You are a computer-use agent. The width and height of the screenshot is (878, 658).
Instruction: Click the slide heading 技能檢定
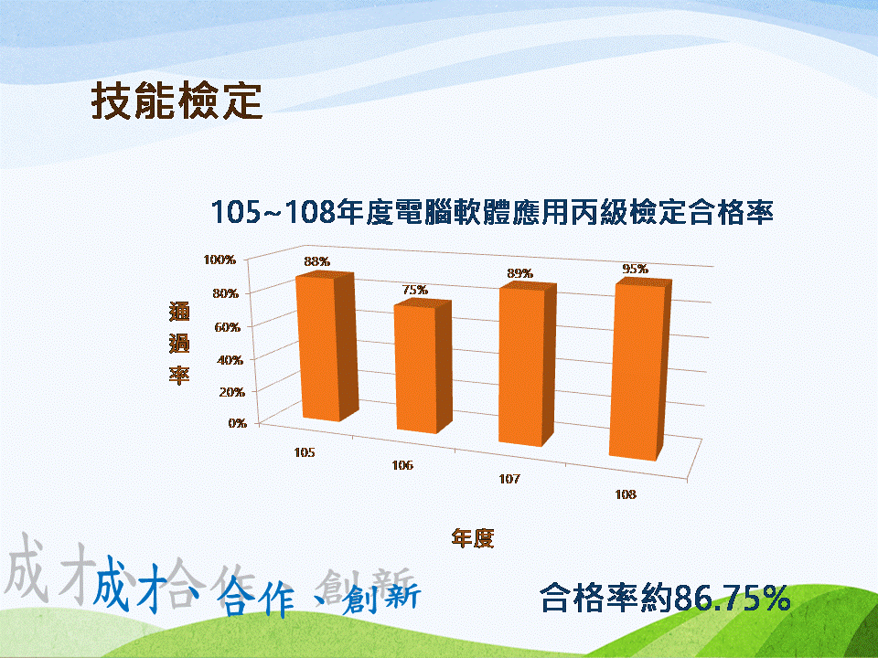click(177, 101)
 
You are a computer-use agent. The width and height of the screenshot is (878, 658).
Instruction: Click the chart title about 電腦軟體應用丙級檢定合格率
click(492, 213)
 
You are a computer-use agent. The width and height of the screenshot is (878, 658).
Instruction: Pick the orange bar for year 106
click(423, 366)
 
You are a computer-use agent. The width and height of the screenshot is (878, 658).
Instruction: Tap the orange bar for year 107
click(528, 365)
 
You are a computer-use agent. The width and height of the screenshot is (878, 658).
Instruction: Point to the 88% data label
click(317, 261)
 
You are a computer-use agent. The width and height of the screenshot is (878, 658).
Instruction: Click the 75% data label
click(415, 290)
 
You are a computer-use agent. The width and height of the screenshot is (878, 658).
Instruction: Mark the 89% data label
click(520, 273)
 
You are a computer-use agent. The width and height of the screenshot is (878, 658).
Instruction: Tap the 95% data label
click(636, 269)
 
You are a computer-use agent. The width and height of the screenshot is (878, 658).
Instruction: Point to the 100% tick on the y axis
click(219, 260)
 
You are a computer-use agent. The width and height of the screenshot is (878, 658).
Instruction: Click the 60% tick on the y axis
click(228, 327)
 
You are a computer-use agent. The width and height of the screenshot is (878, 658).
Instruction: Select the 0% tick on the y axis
click(238, 423)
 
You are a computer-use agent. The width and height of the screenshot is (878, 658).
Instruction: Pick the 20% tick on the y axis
click(231, 392)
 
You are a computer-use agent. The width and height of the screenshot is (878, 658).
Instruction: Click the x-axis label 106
click(402, 465)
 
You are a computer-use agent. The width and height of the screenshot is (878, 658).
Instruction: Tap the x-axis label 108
click(626, 494)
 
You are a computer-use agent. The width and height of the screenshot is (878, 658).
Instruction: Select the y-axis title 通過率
click(179, 343)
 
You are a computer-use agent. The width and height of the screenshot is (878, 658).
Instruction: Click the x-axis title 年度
click(473, 538)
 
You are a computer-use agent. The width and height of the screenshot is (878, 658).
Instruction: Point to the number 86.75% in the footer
click(733, 598)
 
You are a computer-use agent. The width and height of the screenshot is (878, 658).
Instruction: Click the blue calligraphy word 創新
click(382, 597)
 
